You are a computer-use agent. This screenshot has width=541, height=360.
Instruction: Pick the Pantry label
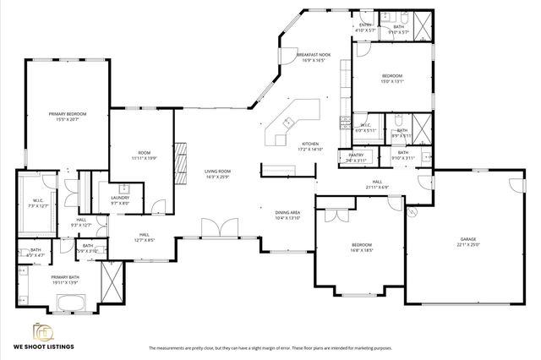click(356, 156)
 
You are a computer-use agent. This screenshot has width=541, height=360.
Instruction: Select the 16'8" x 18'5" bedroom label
click(363, 248)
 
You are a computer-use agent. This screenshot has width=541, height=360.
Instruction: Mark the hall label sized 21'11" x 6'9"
click(377, 184)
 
